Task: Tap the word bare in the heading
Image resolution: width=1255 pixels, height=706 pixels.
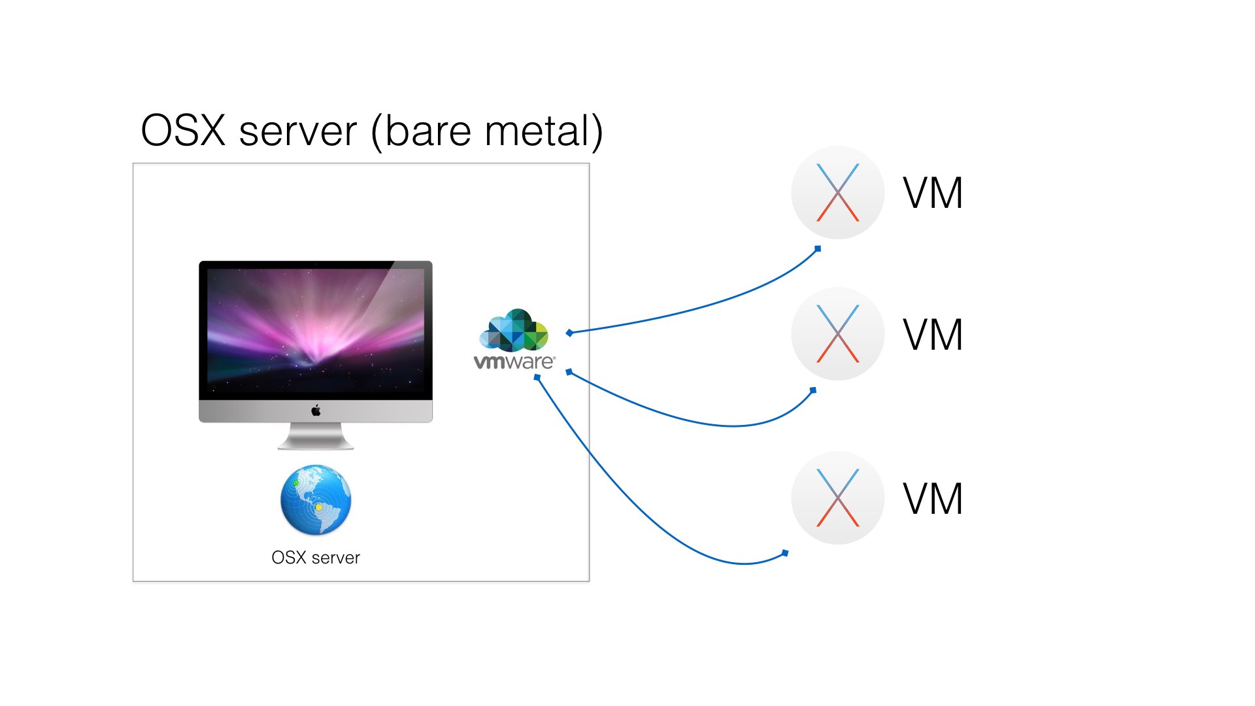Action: tap(428, 131)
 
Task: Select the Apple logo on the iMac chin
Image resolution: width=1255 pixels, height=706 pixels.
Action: tap(316, 411)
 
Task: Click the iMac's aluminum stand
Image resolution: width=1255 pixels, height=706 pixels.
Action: tap(316, 437)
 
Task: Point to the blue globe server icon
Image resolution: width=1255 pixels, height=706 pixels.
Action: tap(316, 500)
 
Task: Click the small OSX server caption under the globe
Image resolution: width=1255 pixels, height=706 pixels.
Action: tap(316, 558)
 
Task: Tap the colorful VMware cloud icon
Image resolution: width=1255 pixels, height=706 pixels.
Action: tap(514, 330)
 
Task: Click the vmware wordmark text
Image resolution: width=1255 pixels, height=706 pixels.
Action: tap(514, 361)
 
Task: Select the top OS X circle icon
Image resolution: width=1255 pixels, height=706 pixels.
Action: tap(837, 192)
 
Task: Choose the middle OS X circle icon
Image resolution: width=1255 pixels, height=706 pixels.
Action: tap(837, 334)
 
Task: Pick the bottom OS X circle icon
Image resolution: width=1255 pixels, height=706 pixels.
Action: tap(837, 497)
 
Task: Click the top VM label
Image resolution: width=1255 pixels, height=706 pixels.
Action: tap(933, 193)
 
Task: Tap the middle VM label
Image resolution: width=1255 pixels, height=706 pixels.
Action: tap(933, 335)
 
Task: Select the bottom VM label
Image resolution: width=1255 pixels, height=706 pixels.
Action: tap(933, 499)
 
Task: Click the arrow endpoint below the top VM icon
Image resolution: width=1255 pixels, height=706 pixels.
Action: tap(818, 248)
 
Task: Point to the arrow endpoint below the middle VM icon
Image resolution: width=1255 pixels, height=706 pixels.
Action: tap(813, 390)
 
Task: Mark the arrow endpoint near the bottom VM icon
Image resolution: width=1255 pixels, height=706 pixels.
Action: tap(785, 553)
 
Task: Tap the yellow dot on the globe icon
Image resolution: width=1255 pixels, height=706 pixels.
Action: tap(318, 507)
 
